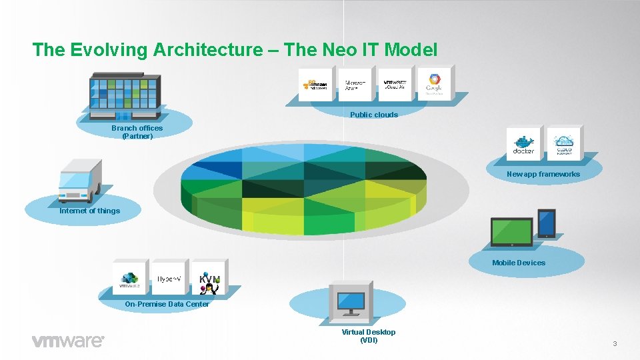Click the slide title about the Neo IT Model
coord(235,49)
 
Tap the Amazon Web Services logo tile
coord(317,85)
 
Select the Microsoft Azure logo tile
coord(355,85)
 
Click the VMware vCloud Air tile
coord(395,85)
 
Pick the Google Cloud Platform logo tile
coord(434,85)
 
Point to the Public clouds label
coord(374,115)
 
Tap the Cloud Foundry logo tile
coord(564,144)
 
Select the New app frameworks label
coord(543,174)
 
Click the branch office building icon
coord(126,93)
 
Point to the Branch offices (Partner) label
coord(137,132)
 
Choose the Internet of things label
coord(90,211)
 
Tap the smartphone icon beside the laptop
coord(547,224)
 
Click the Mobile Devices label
coord(519,263)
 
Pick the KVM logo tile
coord(209,278)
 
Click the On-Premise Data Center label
coord(167,304)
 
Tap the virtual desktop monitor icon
coord(352,303)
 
